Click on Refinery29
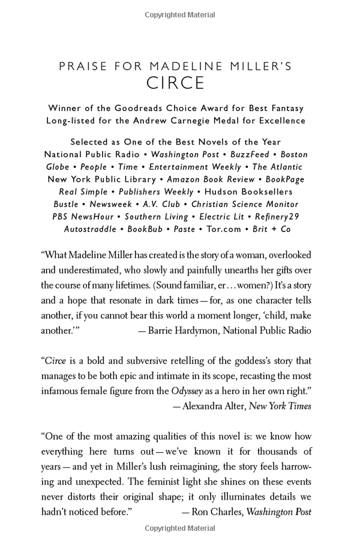point(277,217)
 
